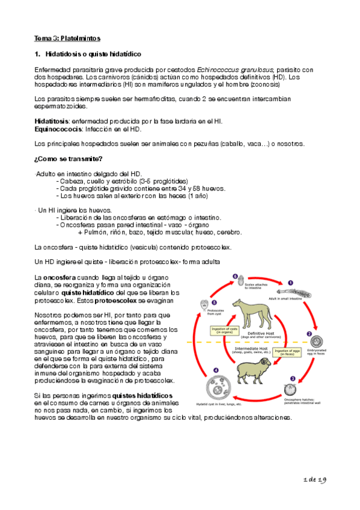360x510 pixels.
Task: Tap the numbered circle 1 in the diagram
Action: pyautogui.click(x=290, y=281)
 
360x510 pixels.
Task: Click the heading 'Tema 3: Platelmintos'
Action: pyautogui.click(x=63, y=38)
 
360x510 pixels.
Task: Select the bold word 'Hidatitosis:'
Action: pyautogui.click(x=52, y=121)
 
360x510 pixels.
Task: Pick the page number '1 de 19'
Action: pyautogui.click(x=315, y=479)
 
